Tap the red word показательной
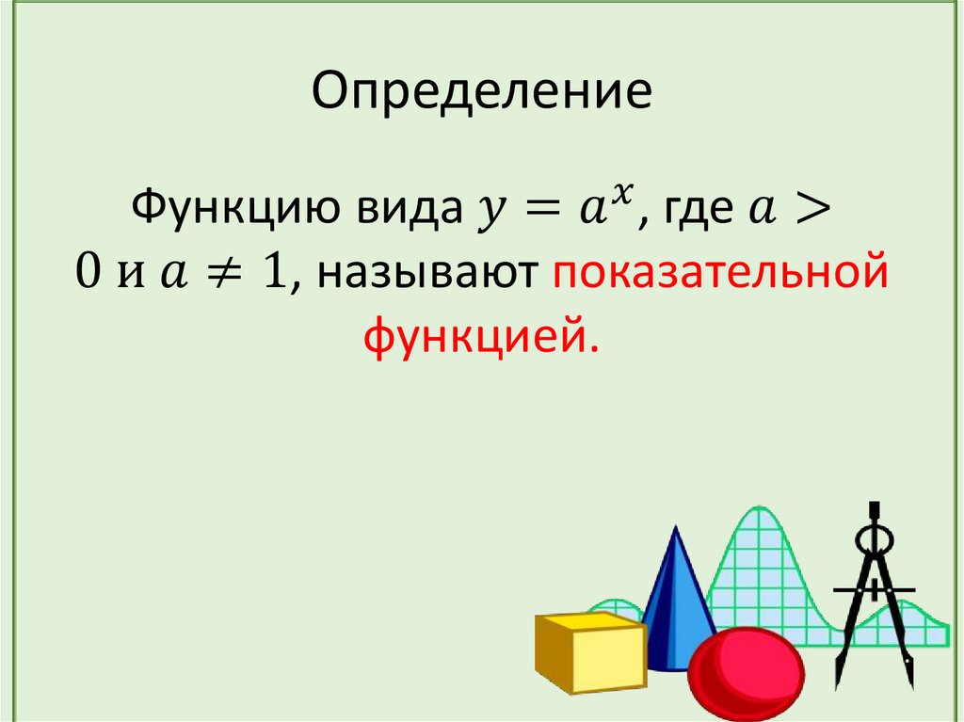click(x=720, y=274)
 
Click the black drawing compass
click(x=875, y=602)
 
